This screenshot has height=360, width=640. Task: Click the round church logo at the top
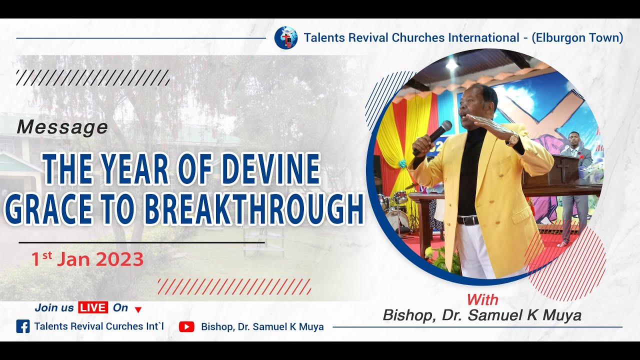(x=286, y=38)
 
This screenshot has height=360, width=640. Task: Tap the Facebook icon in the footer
(x=23, y=326)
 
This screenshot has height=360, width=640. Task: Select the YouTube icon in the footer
(x=186, y=326)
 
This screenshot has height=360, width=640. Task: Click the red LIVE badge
(x=93, y=308)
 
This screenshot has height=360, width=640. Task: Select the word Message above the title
(x=62, y=127)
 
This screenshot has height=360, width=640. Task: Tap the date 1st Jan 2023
(x=87, y=259)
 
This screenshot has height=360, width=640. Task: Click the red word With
(x=482, y=299)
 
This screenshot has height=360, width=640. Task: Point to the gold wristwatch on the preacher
(x=512, y=139)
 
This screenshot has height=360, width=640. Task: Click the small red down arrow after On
(x=138, y=309)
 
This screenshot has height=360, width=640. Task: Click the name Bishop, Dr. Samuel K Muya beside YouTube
(x=262, y=326)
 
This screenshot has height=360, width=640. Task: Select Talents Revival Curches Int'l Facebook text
(x=99, y=326)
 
